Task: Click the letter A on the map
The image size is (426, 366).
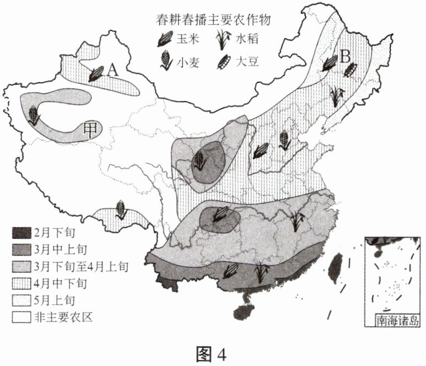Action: pos(112,69)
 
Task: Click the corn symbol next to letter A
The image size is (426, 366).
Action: pos(95,73)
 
